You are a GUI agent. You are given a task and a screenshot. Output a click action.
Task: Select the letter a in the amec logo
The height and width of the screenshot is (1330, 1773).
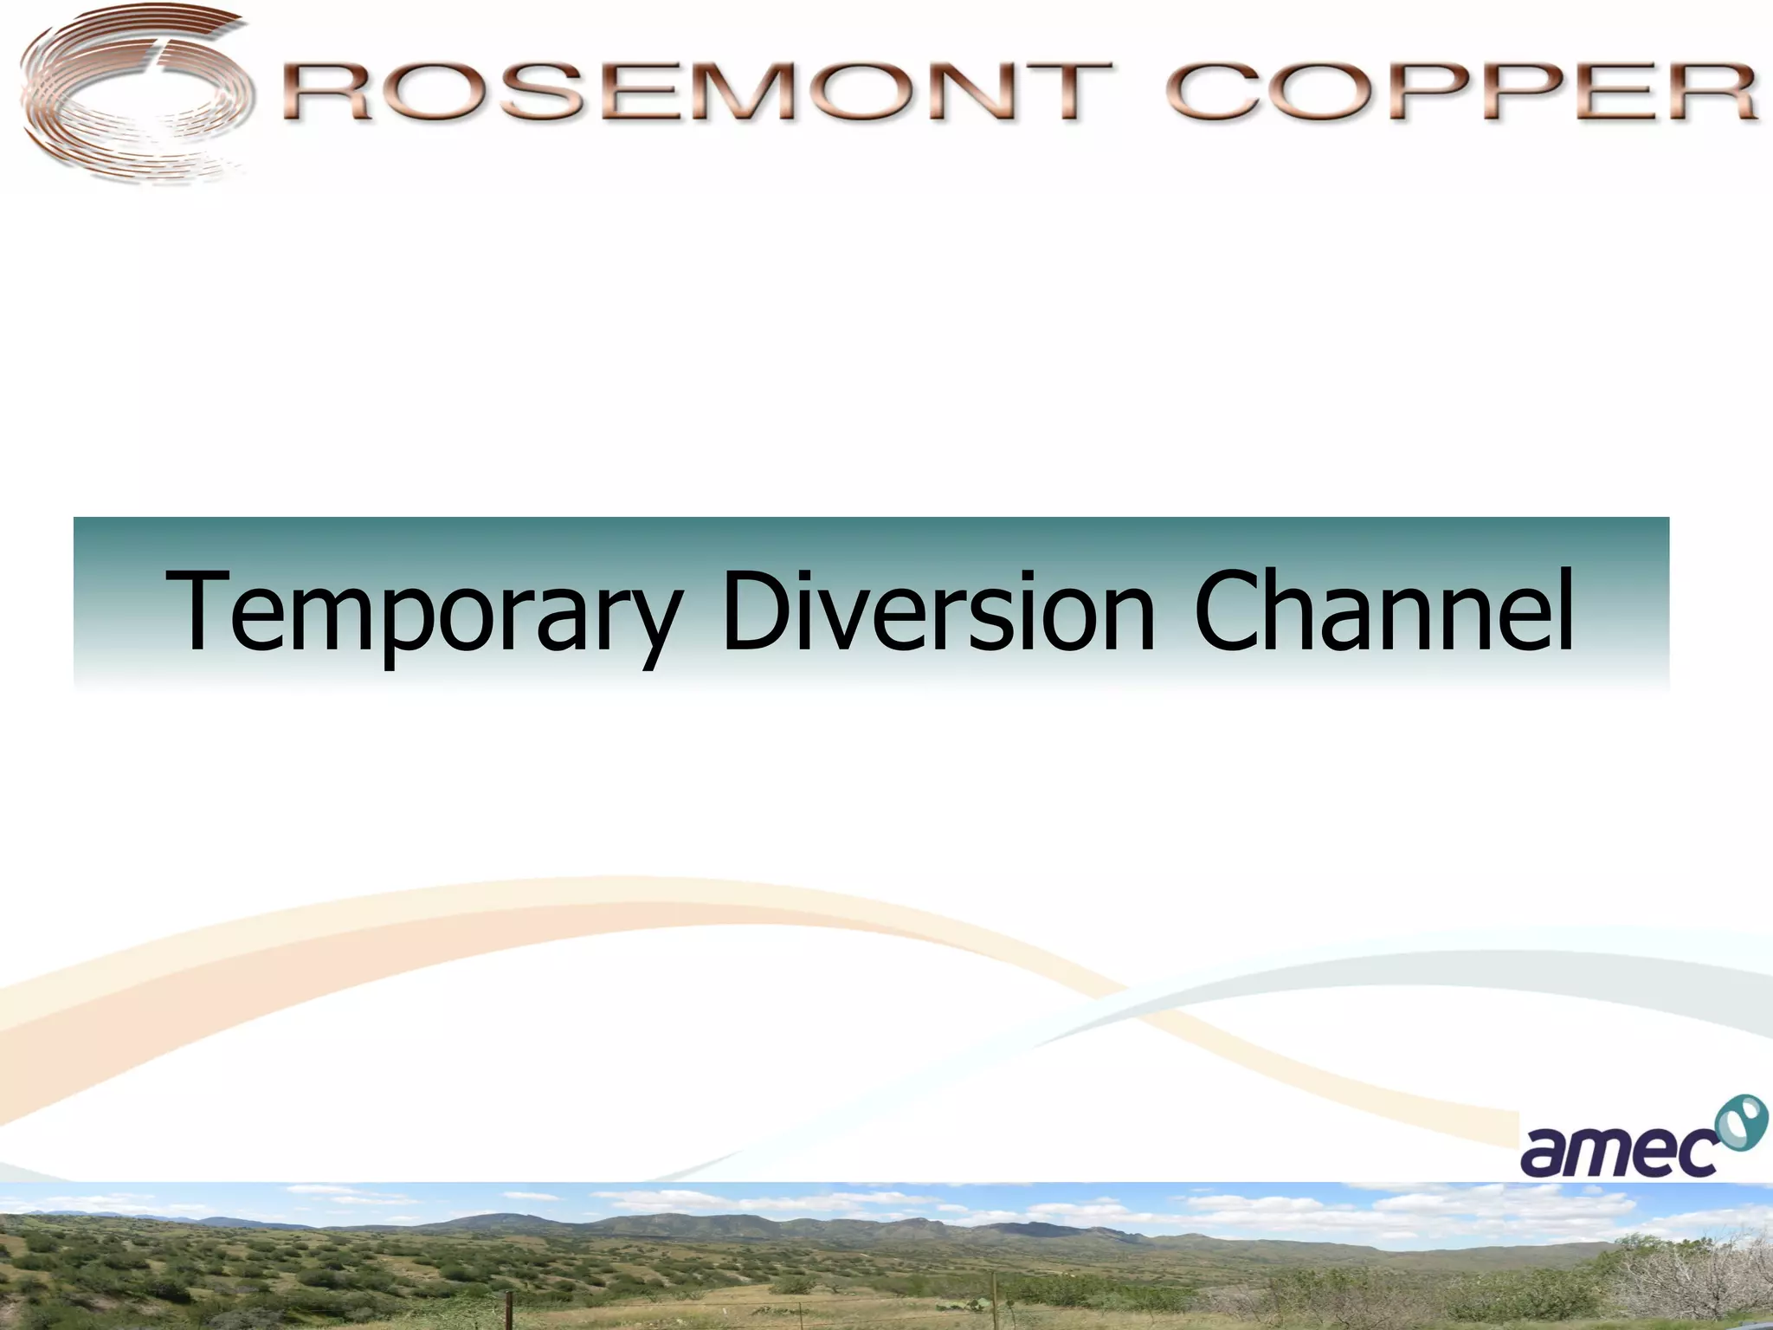pyautogui.click(x=1544, y=1152)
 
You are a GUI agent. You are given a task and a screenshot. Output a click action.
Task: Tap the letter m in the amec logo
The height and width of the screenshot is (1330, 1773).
pyautogui.click(x=1602, y=1152)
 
